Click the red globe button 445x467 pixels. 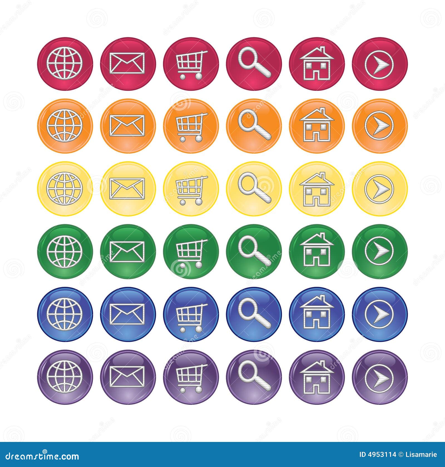coord(65,63)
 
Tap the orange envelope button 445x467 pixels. coord(128,126)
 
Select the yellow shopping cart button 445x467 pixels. coord(191,189)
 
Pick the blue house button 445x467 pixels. coord(317,314)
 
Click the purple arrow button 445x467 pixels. coord(380,377)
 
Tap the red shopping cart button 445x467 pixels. coord(191,63)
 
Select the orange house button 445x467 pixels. coord(317,126)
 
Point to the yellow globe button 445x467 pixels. coord(65,189)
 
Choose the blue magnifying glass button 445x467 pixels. coord(254,314)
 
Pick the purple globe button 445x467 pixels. coord(65,377)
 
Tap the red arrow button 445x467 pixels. coord(380,63)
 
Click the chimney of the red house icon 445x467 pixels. coord(323,50)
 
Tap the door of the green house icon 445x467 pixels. coord(317,261)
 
